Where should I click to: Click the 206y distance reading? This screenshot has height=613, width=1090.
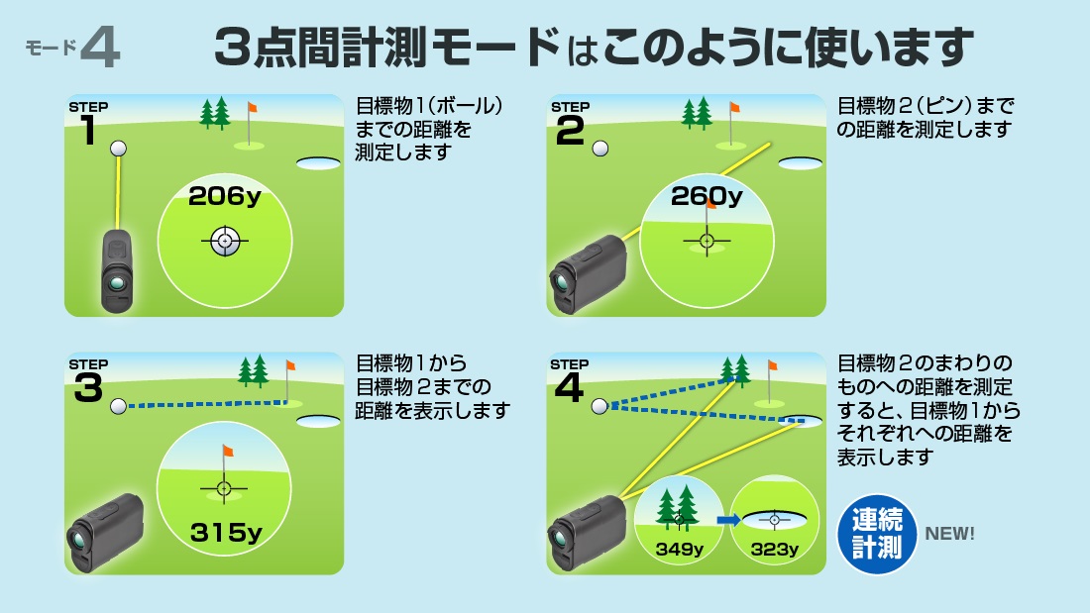click(x=224, y=196)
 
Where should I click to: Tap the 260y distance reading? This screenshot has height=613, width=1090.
click(x=706, y=196)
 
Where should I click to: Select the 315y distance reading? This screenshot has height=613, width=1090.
click(x=226, y=533)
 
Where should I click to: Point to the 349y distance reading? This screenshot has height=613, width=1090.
click(x=680, y=549)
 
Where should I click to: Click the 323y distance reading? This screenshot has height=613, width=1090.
click(x=775, y=549)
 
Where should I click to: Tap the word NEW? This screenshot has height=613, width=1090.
click(x=949, y=534)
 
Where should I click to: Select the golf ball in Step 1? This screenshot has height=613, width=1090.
click(x=119, y=148)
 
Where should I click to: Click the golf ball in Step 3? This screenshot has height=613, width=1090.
click(x=119, y=406)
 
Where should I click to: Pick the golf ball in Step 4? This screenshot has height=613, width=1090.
click(x=599, y=406)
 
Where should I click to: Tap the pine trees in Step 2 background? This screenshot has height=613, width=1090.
click(x=697, y=112)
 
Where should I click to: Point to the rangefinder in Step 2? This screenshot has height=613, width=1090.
click(x=585, y=272)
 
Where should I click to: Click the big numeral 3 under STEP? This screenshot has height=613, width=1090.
click(x=88, y=389)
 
